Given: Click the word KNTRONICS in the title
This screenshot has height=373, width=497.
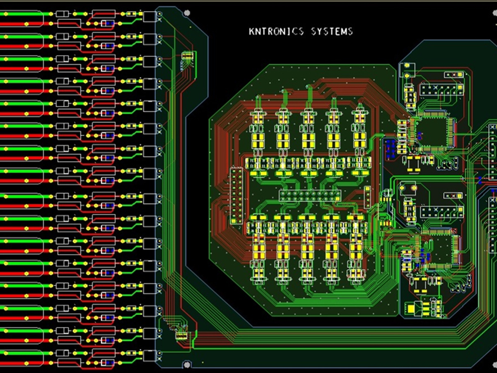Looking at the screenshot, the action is tap(276, 31).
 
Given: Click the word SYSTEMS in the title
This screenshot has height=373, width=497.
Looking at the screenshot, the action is tap(332, 31).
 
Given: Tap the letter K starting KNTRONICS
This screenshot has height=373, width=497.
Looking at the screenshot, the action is tap(251, 31).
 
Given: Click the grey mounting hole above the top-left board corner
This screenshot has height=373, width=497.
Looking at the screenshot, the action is tap(187, 13).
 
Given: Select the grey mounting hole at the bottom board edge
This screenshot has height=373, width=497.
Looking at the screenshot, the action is tap(187, 365).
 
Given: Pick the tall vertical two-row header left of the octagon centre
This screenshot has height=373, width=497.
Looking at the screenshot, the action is tap(236, 196).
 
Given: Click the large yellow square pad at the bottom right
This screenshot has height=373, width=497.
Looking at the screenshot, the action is tap(410, 309).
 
